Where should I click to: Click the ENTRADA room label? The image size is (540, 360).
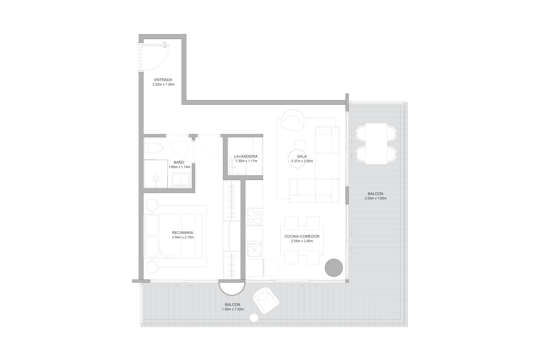(163, 80)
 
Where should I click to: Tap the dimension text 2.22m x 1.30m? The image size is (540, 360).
(163, 84)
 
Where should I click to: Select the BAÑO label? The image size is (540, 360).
(179, 163)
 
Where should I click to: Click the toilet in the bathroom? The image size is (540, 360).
(153, 148)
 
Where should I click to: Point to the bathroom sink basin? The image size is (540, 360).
(181, 180)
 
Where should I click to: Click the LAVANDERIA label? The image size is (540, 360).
(246, 156)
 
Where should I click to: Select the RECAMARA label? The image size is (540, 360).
(182, 233)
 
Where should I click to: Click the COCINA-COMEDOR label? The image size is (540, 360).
(302, 236)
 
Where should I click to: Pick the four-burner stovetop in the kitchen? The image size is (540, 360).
(254, 217)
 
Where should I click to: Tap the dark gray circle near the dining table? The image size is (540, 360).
(334, 268)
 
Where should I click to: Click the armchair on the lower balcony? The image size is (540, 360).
(266, 301)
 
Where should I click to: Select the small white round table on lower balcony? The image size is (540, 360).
(254, 318)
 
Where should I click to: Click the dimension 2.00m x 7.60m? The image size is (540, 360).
(375, 199)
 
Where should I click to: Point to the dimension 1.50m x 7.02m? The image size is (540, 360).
(233, 309)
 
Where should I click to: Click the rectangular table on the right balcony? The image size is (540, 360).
(376, 144)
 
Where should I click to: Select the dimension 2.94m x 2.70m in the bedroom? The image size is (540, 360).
(183, 237)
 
